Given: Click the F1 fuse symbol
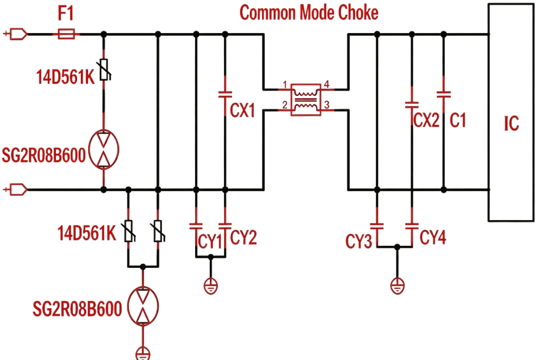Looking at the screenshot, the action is coord(66,34).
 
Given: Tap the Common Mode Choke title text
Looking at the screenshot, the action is coord(309,13).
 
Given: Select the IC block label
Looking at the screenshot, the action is coord(511,124).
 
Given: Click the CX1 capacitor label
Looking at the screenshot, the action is coord(242,111).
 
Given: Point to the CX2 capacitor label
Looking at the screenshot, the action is coord(426,120).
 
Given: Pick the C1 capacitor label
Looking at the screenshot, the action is coord(458,120).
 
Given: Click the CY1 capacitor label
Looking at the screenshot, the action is coord(210,241).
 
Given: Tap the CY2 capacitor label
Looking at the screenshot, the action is coord(243,237).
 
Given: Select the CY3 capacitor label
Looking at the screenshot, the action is coord(359,241).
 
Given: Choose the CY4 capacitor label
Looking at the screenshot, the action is coord(433,237).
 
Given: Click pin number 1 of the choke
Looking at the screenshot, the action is coord(285,84).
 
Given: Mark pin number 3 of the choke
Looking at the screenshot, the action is coord(327,105).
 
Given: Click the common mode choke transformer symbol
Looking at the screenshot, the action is coord(306,100).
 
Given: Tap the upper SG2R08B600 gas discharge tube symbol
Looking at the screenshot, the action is coord(103,149).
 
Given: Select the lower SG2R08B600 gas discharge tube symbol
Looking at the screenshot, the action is coord(143,306).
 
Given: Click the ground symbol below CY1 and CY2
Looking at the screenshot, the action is coord(211,286).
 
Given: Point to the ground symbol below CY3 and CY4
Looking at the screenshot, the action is coord(398,286).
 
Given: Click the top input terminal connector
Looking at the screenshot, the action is coord(16,34).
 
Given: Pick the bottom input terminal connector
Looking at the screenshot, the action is coord(16,189).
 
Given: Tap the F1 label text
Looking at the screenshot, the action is coord(66,14).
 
